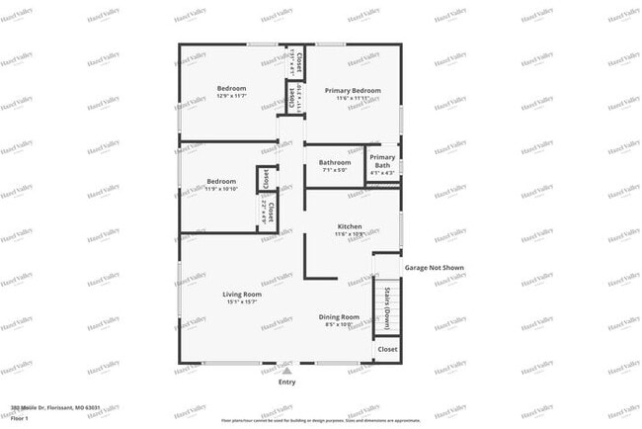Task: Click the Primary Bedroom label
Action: click(353, 90)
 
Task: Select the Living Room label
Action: click(240, 295)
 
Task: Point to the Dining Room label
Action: click(339, 316)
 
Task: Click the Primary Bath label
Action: click(382, 161)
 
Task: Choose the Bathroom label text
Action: click(334, 162)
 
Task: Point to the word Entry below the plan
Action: click(286, 382)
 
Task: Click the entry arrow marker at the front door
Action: click(286, 366)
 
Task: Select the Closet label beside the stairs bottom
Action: click(387, 349)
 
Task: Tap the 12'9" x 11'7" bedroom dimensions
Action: click(231, 96)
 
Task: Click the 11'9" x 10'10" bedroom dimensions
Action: click(221, 189)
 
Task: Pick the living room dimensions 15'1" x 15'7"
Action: click(240, 302)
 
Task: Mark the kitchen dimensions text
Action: click(356, 234)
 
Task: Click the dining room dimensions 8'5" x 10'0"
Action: click(339, 324)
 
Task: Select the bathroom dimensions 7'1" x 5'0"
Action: click(334, 170)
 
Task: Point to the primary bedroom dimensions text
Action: click(353, 98)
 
